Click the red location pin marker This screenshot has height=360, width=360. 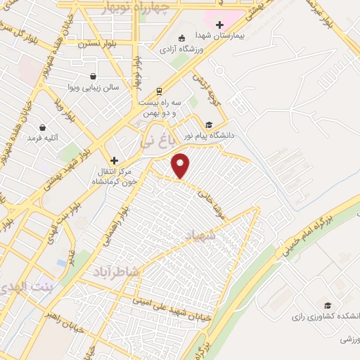[x=181, y=165]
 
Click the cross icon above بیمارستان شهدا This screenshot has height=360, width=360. [x=219, y=25]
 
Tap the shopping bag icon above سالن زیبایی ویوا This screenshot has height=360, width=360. [x=94, y=77]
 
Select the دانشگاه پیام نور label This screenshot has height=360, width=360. [x=208, y=135]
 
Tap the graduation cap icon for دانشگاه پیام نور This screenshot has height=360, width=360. [x=208, y=124]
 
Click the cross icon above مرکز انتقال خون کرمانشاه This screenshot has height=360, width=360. [x=114, y=160]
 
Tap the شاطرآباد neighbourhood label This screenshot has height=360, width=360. [x=115, y=271]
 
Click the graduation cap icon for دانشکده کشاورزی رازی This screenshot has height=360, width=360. [x=326, y=305]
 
